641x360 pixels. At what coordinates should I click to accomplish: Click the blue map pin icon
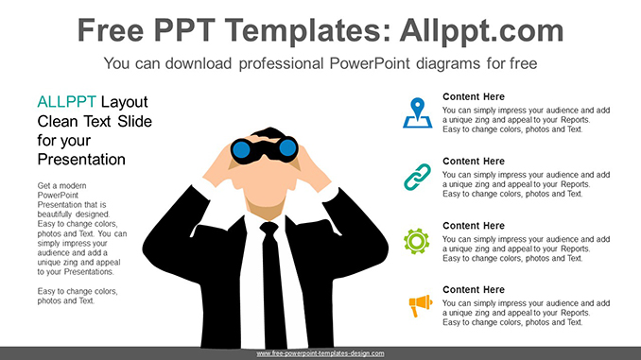pos(416,111)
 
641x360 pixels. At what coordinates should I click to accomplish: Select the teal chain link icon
pos(416,176)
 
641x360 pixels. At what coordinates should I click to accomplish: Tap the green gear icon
pos(416,241)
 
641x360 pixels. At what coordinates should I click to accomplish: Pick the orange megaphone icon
pos(417,304)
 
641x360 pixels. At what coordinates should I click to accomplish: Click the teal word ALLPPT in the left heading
pos(66,101)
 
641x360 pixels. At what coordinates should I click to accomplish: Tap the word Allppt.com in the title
pos(482,30)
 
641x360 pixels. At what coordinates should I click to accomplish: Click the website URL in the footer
pos(320,353)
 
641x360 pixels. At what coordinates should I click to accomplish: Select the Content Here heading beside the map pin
pos(474,96)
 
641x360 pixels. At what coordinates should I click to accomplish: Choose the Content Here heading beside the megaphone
pos(474,289)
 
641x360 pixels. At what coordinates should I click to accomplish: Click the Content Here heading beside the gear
pos(474,225)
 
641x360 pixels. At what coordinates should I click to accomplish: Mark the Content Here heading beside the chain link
pos(474,161)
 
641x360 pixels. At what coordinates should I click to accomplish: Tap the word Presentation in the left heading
pos(81,159)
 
